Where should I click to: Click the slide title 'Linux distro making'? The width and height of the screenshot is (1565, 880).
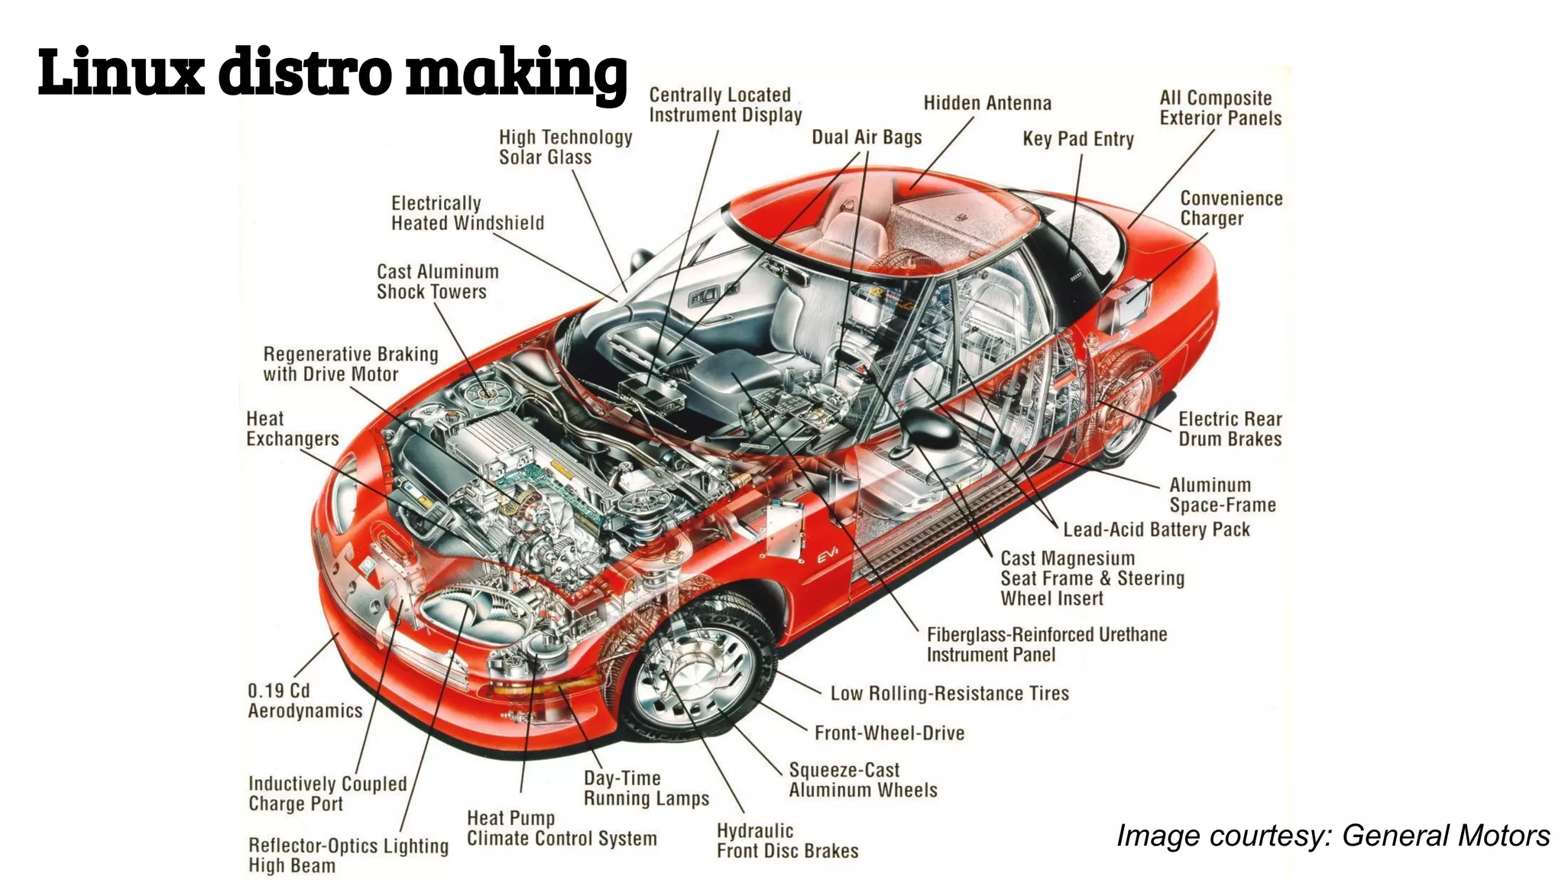point(332,72)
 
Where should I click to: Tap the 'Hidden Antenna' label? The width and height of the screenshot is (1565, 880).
point(987,103)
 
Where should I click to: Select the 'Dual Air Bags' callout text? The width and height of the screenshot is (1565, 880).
point(867,137)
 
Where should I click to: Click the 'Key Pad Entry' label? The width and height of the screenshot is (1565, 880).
point(1077,139)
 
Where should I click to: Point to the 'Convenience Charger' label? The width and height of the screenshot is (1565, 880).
point(1230,209)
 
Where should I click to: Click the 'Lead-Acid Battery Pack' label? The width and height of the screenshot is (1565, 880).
point(1155,530)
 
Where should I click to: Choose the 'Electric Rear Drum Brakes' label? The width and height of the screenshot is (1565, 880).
point(1229,429)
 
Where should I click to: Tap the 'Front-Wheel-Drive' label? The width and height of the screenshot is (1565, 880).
point(889,733)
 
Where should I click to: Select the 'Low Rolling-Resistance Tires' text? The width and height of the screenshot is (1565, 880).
point(949,694)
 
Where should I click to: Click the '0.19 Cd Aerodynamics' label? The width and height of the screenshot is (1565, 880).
point(304,701)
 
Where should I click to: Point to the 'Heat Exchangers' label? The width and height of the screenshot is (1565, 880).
point(292,429)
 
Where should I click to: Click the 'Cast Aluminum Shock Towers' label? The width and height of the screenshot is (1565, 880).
point(437,282)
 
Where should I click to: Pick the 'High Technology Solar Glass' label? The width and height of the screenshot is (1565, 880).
point(565,147)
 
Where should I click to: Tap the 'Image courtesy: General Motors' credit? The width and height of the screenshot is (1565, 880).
point(1333,836)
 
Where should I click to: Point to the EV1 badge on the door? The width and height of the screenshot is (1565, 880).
point(827,555)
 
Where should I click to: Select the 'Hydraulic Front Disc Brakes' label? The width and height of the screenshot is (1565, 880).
point(786,841)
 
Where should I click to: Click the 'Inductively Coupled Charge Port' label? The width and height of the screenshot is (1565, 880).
point(327,794)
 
